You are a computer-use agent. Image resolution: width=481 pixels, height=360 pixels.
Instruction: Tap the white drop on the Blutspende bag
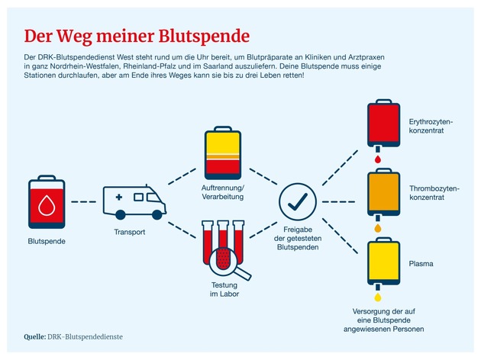pyautogui.click(x=47, y=202)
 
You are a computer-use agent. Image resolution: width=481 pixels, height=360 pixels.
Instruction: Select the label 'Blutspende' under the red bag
pyautogui.click(x=47, y=242)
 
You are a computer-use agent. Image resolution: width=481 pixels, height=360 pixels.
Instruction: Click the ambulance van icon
pyautogui.click(x=135, y=201)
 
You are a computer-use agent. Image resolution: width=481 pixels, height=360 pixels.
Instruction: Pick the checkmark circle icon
pyautogui.click(x=297, y=201)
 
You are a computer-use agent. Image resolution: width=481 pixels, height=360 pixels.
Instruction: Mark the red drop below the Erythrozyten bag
pyautogui.click(x=376, y=159)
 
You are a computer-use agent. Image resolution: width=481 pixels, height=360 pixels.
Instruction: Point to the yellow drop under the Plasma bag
pyautogui.click(x=376, y=296)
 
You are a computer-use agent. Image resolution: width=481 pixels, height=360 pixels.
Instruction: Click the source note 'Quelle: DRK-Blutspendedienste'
pyautogui.click(x=73, y=336)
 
